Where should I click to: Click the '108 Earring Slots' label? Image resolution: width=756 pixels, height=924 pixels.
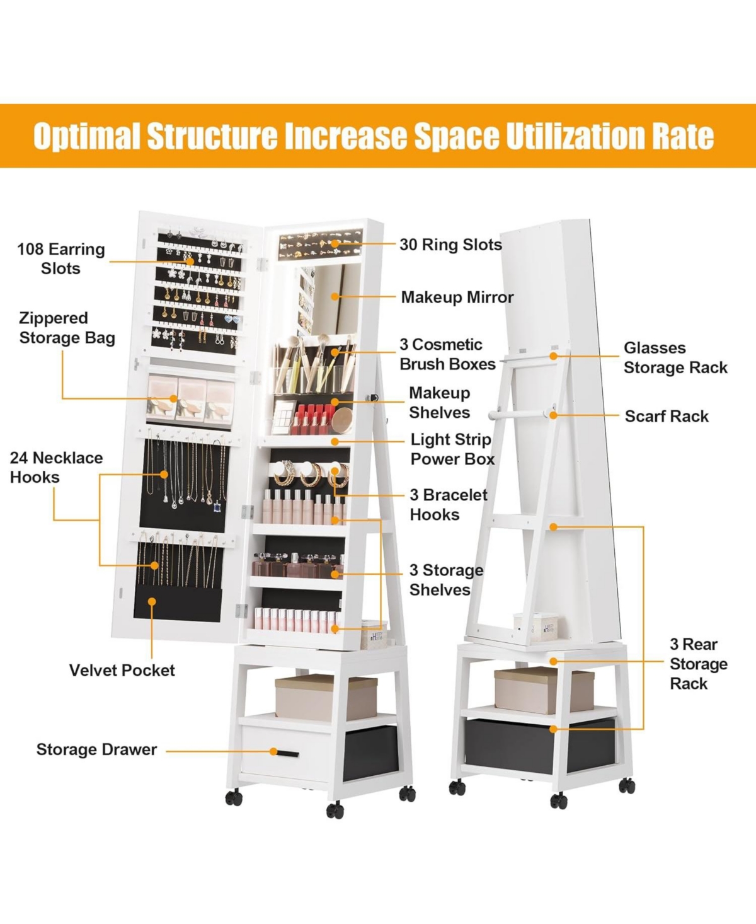point(61,258)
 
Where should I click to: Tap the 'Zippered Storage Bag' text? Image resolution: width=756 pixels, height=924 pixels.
point(67,328)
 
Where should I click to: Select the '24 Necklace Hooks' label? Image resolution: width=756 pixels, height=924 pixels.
point(57,468)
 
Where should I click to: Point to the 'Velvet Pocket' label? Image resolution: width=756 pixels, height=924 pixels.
point(122,671)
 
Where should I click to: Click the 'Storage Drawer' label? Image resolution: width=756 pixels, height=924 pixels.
point(96,749)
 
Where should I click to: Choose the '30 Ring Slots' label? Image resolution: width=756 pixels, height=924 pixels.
point(450,245)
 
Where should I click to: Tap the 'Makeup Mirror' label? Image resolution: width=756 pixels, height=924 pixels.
point(457,297)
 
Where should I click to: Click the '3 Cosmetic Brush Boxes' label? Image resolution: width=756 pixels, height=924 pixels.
point(447,354)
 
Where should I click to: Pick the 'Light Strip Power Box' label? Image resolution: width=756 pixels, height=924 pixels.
point(452,449)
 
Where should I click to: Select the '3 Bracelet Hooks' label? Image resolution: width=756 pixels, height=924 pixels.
point(448,505)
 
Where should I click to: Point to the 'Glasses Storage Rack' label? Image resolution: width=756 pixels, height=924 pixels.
point(675,357)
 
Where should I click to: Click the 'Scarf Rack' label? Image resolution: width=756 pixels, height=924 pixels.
point(667,416)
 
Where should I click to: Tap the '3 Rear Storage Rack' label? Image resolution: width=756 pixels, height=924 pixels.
point(698,664)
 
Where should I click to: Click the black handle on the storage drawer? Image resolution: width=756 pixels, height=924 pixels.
point(287,754)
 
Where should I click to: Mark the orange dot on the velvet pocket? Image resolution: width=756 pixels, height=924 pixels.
point(152,601)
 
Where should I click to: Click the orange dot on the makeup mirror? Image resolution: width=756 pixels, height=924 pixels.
point(335,297)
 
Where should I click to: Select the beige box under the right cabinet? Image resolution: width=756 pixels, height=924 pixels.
point(544,691)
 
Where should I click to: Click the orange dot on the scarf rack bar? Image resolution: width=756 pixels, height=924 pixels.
point(553,415)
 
